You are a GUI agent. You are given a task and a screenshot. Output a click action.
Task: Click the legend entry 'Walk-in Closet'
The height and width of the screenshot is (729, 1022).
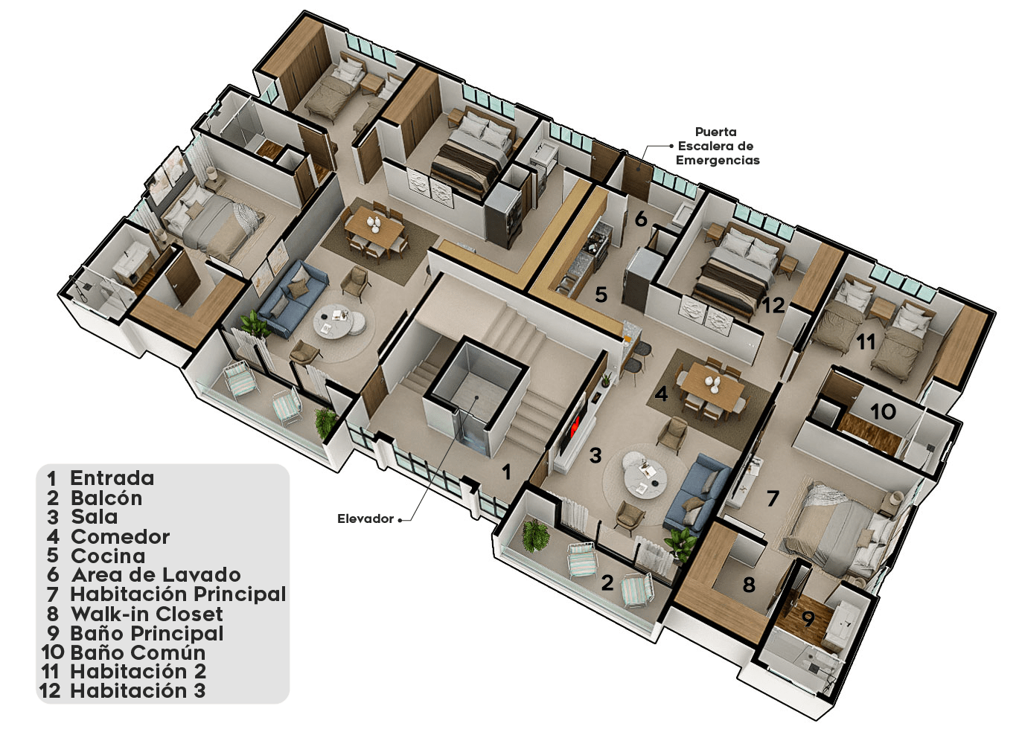(x=147, y=614)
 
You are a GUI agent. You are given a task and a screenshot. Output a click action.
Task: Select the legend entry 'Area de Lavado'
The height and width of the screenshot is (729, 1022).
(x=156, y=575)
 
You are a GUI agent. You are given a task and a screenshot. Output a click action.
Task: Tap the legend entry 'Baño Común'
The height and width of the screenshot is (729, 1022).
(x=138, y=653)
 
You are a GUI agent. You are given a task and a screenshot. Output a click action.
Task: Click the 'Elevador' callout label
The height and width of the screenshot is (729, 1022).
(x=365, y=518)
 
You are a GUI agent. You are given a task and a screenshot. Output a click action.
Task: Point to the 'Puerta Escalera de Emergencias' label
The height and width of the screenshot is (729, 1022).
(x=718, y=146)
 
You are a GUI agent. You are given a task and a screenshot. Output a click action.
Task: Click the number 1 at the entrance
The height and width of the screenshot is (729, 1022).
(x=506, y=472)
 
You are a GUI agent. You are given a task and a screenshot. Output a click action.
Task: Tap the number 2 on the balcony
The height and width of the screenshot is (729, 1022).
(x=607, y=583)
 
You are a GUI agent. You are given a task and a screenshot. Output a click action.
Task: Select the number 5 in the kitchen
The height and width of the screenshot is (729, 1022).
(x=601, y=295)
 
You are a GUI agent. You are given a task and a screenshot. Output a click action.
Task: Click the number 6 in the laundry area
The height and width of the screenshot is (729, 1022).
(x=641, y=219)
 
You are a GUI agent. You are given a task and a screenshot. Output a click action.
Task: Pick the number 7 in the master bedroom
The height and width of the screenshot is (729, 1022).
(x=773, y=498)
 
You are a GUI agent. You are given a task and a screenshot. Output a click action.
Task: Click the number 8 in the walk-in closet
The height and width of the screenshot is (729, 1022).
(x=749, y=585)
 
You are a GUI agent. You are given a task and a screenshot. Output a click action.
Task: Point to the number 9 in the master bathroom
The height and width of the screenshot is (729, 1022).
(x=808, y=619)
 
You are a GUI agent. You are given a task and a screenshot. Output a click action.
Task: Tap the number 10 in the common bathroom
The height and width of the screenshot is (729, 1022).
(x=883, y=411)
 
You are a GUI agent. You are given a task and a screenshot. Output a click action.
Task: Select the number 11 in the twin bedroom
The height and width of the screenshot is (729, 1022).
(x=866, y=341)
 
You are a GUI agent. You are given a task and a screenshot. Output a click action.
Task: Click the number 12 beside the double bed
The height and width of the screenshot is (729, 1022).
(x=774, y=306)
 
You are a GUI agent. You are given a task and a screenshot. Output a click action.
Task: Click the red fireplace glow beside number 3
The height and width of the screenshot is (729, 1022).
(x=576, y=425)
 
